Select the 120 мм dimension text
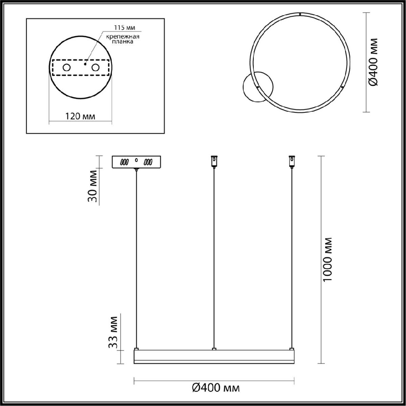[80, 116]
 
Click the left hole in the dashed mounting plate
[66, 68]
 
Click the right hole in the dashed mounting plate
[96, 68]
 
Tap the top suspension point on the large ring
[300, 15]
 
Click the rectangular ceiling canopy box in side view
[137, 162]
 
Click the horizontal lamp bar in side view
[214, 357]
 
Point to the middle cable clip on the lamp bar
[214, 348]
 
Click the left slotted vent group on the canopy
[125, 162]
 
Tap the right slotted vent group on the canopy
[148, 162]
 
